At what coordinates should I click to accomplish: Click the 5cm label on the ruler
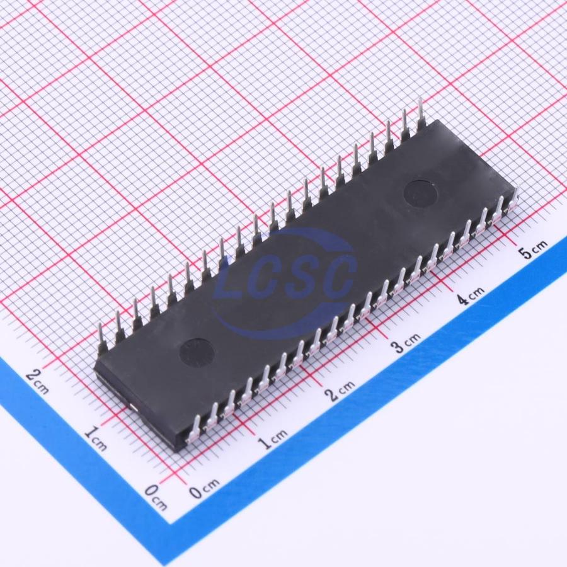(x=534, y=249)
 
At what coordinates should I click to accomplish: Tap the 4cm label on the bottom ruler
(x=469, y=296)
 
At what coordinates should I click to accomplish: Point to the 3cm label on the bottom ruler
(x=406, y=343)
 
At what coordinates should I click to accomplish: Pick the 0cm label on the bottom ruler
(x=205, y=488)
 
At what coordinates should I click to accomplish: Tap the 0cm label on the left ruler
(x=156, y=497)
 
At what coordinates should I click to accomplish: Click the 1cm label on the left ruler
(x=96, y=438)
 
